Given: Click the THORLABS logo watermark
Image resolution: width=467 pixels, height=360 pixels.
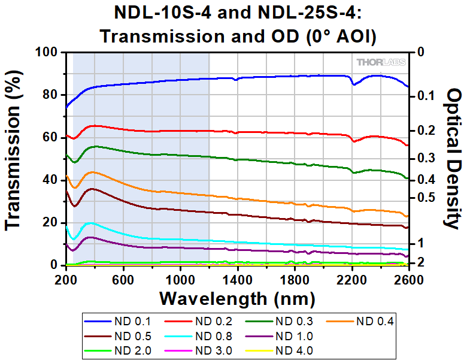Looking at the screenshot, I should pos(381,62).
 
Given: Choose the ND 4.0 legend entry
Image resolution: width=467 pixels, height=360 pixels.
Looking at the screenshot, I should pos(293,350).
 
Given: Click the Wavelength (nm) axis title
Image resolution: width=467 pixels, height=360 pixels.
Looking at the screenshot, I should pos(237,297).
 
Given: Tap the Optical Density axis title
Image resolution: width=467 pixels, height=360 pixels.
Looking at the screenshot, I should pos(453,159).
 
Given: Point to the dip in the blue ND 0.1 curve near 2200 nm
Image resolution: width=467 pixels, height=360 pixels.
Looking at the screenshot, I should pos(354,84).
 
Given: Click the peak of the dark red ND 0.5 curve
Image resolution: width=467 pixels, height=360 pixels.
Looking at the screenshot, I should pos(92,189).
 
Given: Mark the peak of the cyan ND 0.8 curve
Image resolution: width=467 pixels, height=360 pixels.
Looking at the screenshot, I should pos(90,223).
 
